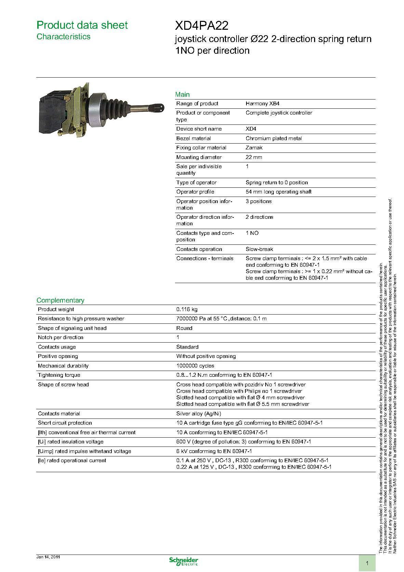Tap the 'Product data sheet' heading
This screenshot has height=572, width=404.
click(82, 25)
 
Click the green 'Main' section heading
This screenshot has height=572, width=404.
click(182, 94)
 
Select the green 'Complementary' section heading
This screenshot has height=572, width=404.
click(60, 300)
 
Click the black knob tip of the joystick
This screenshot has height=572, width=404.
click(160, 108)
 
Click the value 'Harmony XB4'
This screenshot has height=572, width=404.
click(262, 104)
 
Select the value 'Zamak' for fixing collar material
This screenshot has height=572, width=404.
click(254, 148)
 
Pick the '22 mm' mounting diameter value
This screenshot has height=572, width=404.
click(254, 157)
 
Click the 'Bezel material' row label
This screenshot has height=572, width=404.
click(193, 138)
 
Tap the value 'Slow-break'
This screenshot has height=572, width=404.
click(259, 249)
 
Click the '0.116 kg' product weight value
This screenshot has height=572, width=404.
click(187, 309)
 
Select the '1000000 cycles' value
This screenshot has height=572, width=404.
click(195, 366)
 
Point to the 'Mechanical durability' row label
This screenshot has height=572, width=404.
click(63, 366)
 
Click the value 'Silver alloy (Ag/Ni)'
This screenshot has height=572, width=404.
click(199, 414)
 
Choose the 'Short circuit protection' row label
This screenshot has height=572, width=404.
click(65, 423)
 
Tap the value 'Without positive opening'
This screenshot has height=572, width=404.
click(206, 356)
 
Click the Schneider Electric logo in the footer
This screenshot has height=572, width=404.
click(184, 561)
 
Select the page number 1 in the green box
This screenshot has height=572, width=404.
click(367, 563)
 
